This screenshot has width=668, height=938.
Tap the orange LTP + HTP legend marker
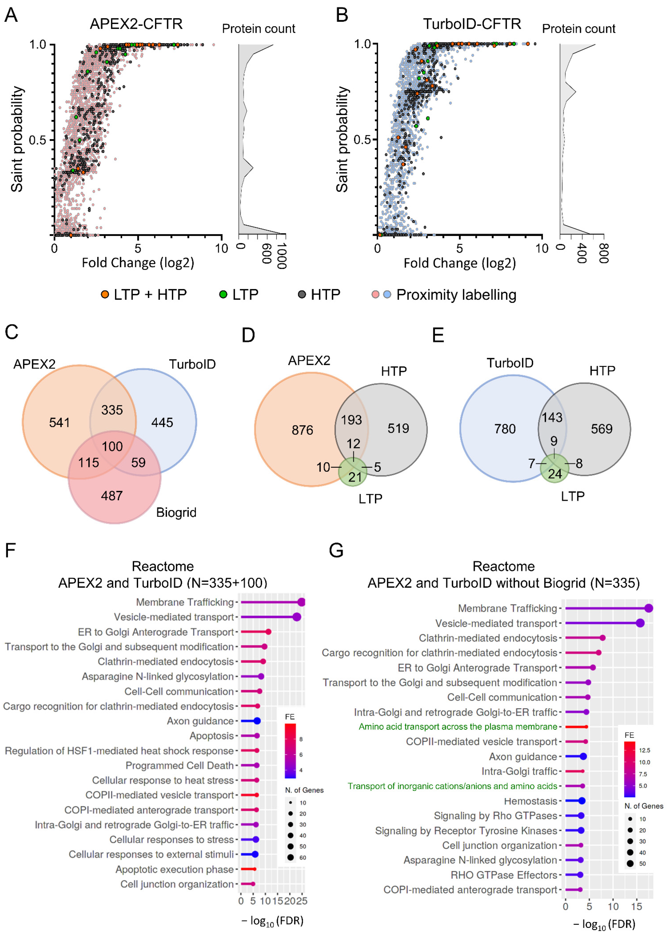(x=105, y=295)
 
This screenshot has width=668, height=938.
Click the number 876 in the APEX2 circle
(x=302, y=430)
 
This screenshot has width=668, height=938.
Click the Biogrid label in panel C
(x=176, y=512)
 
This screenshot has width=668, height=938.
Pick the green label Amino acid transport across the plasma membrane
(x=458, y=727)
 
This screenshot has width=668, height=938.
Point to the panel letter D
(x=248, y=335)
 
